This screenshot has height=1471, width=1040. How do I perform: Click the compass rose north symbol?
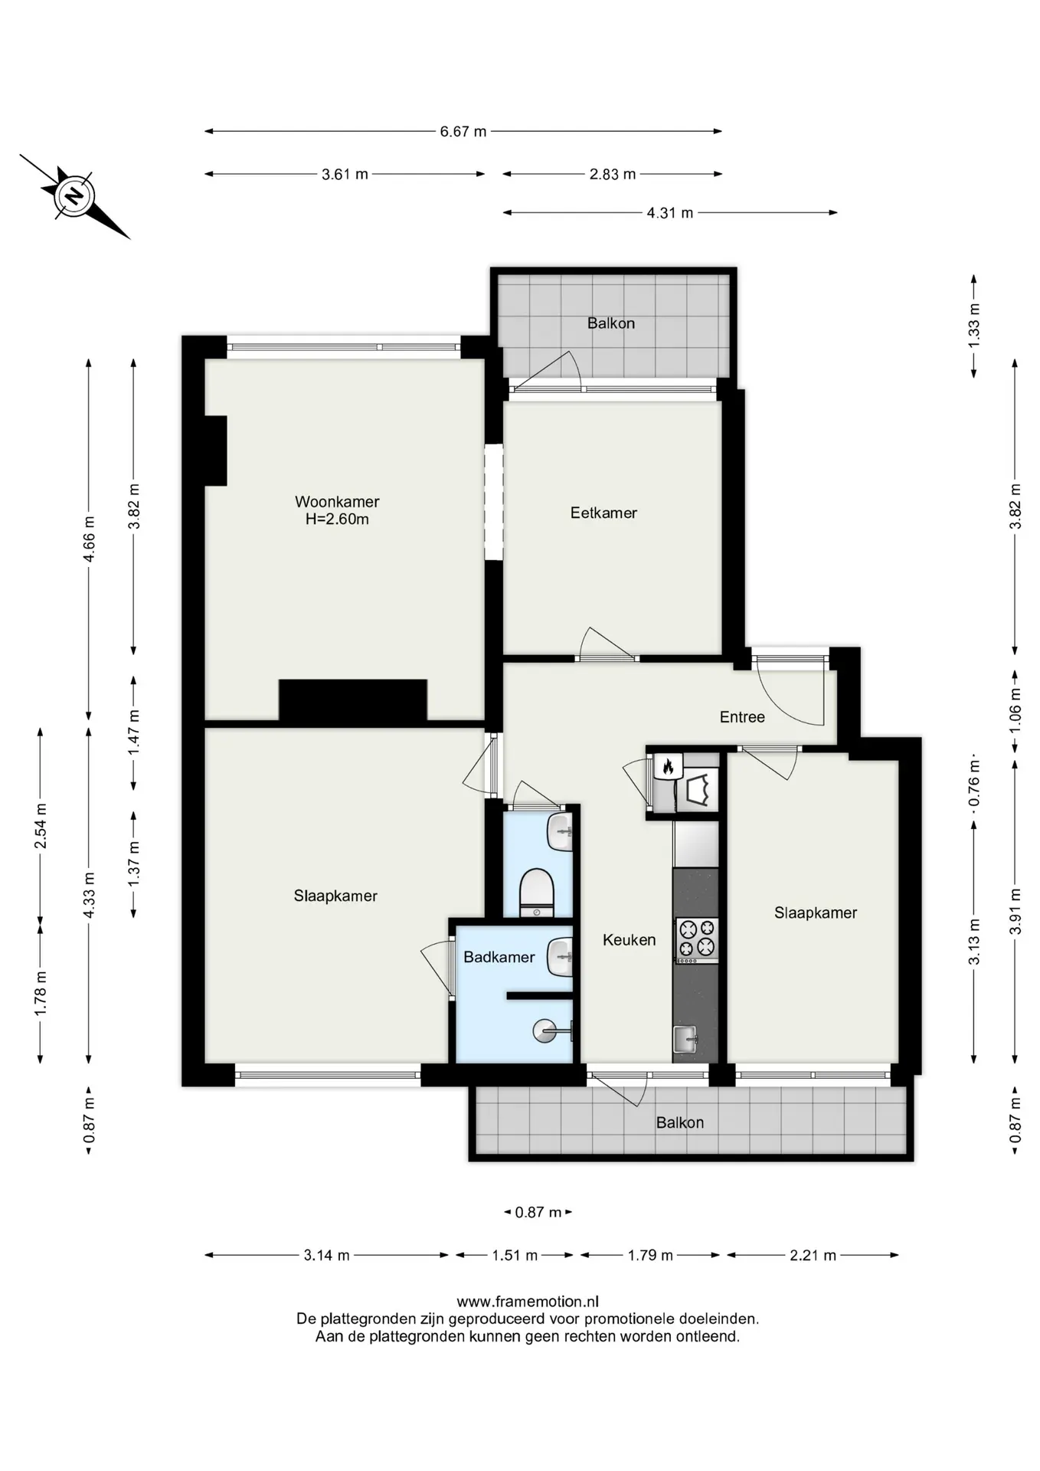pos(74,196)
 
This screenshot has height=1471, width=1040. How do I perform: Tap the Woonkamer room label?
pos(337,502)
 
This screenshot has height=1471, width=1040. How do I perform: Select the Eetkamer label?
pos(603,513)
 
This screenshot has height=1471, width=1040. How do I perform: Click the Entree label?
pos(742,716)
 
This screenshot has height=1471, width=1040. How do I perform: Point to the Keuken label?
pos(629,939)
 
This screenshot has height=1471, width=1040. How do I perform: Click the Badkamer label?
pos(499,956)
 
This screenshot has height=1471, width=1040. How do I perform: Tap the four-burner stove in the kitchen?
pos(696,939)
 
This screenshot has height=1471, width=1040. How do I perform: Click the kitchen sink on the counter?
pos(685,1040)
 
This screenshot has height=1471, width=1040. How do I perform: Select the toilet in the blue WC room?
pos(537,892)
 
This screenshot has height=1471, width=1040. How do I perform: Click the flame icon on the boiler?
pos(668,765)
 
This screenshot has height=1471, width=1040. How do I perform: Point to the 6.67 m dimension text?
pos(463,131)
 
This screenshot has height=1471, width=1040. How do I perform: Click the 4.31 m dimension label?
pos(669,212)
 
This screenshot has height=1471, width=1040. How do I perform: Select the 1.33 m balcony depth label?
pos(973,326)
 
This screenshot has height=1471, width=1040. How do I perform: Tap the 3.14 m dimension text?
pos(326,1255)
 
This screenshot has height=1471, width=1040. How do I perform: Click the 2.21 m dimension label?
pos(813,1255)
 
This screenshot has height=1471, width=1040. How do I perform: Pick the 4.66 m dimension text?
pos(89,539)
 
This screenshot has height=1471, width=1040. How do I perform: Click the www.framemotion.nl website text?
pos(528,1301)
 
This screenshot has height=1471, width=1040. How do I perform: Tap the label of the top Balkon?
pos(610,323)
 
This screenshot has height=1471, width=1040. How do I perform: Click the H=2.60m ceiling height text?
pos(337,519)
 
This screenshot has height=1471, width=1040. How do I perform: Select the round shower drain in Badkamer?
pos(544,1030)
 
